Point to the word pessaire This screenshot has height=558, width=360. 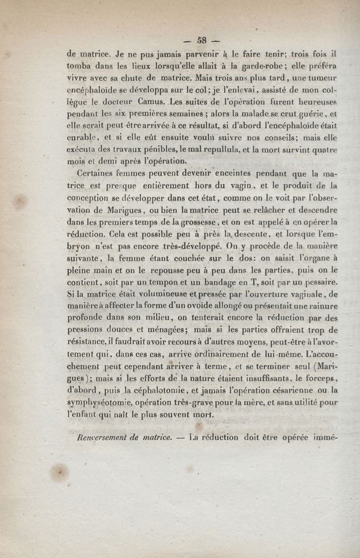(x=319, y=282)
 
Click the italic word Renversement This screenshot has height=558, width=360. (x=97, y=436)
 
